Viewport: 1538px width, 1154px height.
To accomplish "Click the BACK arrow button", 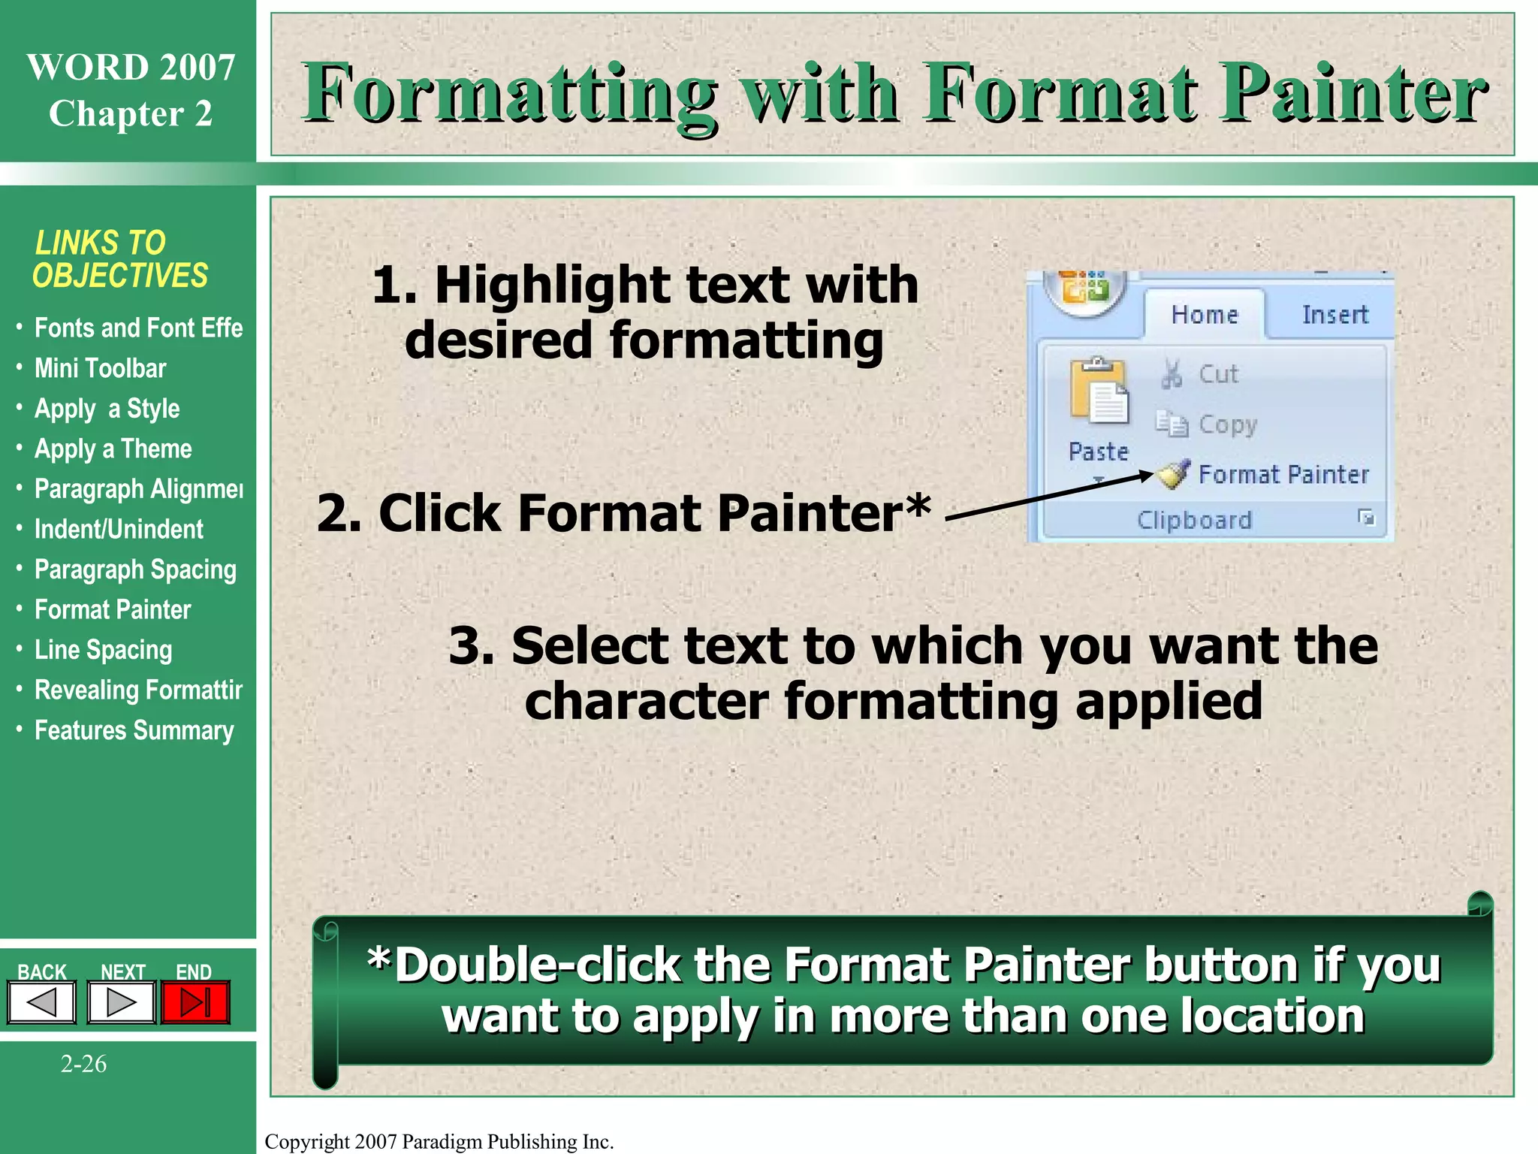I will click(42, 1003).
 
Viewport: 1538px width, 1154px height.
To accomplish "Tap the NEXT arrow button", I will click(121, 1003).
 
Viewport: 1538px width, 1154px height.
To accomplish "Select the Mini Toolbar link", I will click(100, 369).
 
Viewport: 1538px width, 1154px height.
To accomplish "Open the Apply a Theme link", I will click(113, 449).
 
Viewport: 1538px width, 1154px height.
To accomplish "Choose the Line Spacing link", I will click(103, 650).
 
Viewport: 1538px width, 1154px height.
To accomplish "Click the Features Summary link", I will click(134, 730).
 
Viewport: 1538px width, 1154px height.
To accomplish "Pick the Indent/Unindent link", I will click(119, 530).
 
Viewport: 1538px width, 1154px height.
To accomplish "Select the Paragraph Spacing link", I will click(135, 569).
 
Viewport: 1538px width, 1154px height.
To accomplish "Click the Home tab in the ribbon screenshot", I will click(1204, 315).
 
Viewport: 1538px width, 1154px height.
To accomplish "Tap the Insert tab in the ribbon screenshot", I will click(1334, 315).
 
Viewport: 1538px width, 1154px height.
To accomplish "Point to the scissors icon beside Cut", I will click(1172, 373).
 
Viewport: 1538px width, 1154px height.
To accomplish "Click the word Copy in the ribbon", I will click(1227, 424).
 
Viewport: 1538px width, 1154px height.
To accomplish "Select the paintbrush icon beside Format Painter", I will click(1173, 474).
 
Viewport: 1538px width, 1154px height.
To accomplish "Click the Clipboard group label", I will click(1194, 520).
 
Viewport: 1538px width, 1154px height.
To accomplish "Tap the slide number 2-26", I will click(83, 1064).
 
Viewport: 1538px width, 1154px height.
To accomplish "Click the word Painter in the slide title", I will click(1352, 94).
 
